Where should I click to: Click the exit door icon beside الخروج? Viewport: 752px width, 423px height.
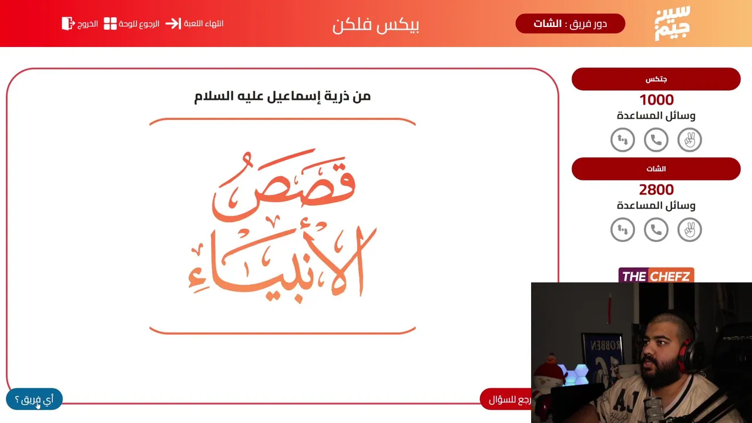point(68,23)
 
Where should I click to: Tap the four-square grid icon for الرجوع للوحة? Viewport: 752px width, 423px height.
point(110,23)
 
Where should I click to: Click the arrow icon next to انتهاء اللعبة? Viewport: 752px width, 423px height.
point(173,23)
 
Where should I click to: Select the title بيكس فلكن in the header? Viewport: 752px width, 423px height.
point(375,25)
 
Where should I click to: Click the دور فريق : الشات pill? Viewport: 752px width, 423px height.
point(570,23)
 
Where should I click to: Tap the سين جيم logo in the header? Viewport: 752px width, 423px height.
point(672,23)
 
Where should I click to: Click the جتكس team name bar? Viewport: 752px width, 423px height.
point(656,79)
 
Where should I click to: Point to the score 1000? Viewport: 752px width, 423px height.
point(656,100)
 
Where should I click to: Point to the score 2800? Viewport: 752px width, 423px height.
point(656,190)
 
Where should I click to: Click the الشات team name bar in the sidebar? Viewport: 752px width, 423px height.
point(656,169)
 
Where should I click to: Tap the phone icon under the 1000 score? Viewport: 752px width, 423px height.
point(656,140)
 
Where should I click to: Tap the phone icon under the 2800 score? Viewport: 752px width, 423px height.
point(656,230)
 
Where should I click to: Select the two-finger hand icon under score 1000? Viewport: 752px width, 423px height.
point(690,140)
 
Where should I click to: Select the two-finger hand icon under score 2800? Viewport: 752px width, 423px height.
point(690,230)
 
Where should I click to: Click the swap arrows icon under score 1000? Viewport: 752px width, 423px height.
point(623,140)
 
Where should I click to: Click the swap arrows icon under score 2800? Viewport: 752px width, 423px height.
point(623,230)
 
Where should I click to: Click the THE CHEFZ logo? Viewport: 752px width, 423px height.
point(656,276)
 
